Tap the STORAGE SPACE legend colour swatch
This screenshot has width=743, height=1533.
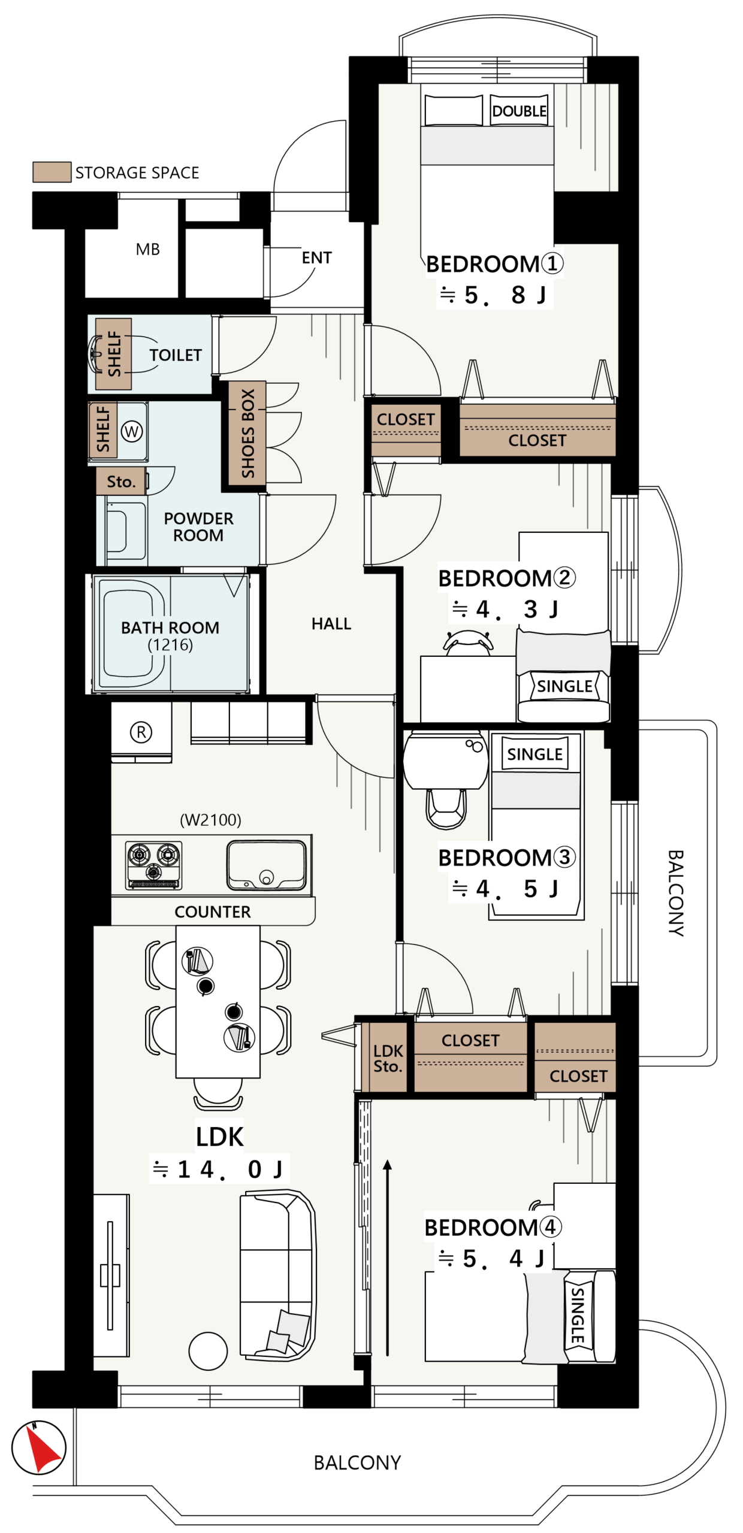pos(52,172)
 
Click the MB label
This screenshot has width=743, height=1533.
pos(148,249)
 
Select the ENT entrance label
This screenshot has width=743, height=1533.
pos(316,257)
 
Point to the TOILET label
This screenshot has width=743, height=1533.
pos(176,355)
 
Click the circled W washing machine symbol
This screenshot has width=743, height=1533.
pos(132,431)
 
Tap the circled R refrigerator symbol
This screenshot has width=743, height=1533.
pos(141,732)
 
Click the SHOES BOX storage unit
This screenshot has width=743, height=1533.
pos(247,434)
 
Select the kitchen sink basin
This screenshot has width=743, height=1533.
pos(267,865)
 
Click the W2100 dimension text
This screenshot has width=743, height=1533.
pos(211,820)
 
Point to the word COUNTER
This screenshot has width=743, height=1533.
pos(213,911)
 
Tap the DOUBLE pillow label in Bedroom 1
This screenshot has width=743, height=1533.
pos(519,111)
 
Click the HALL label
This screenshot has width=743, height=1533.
pos(331,624)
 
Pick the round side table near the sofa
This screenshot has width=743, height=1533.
pos(208,1351)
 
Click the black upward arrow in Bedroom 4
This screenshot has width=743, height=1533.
pos(388,1258)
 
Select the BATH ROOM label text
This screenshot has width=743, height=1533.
pos(170,628)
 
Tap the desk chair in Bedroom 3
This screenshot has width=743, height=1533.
pos(446,808)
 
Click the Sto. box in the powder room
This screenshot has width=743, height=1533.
pos(121,481)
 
